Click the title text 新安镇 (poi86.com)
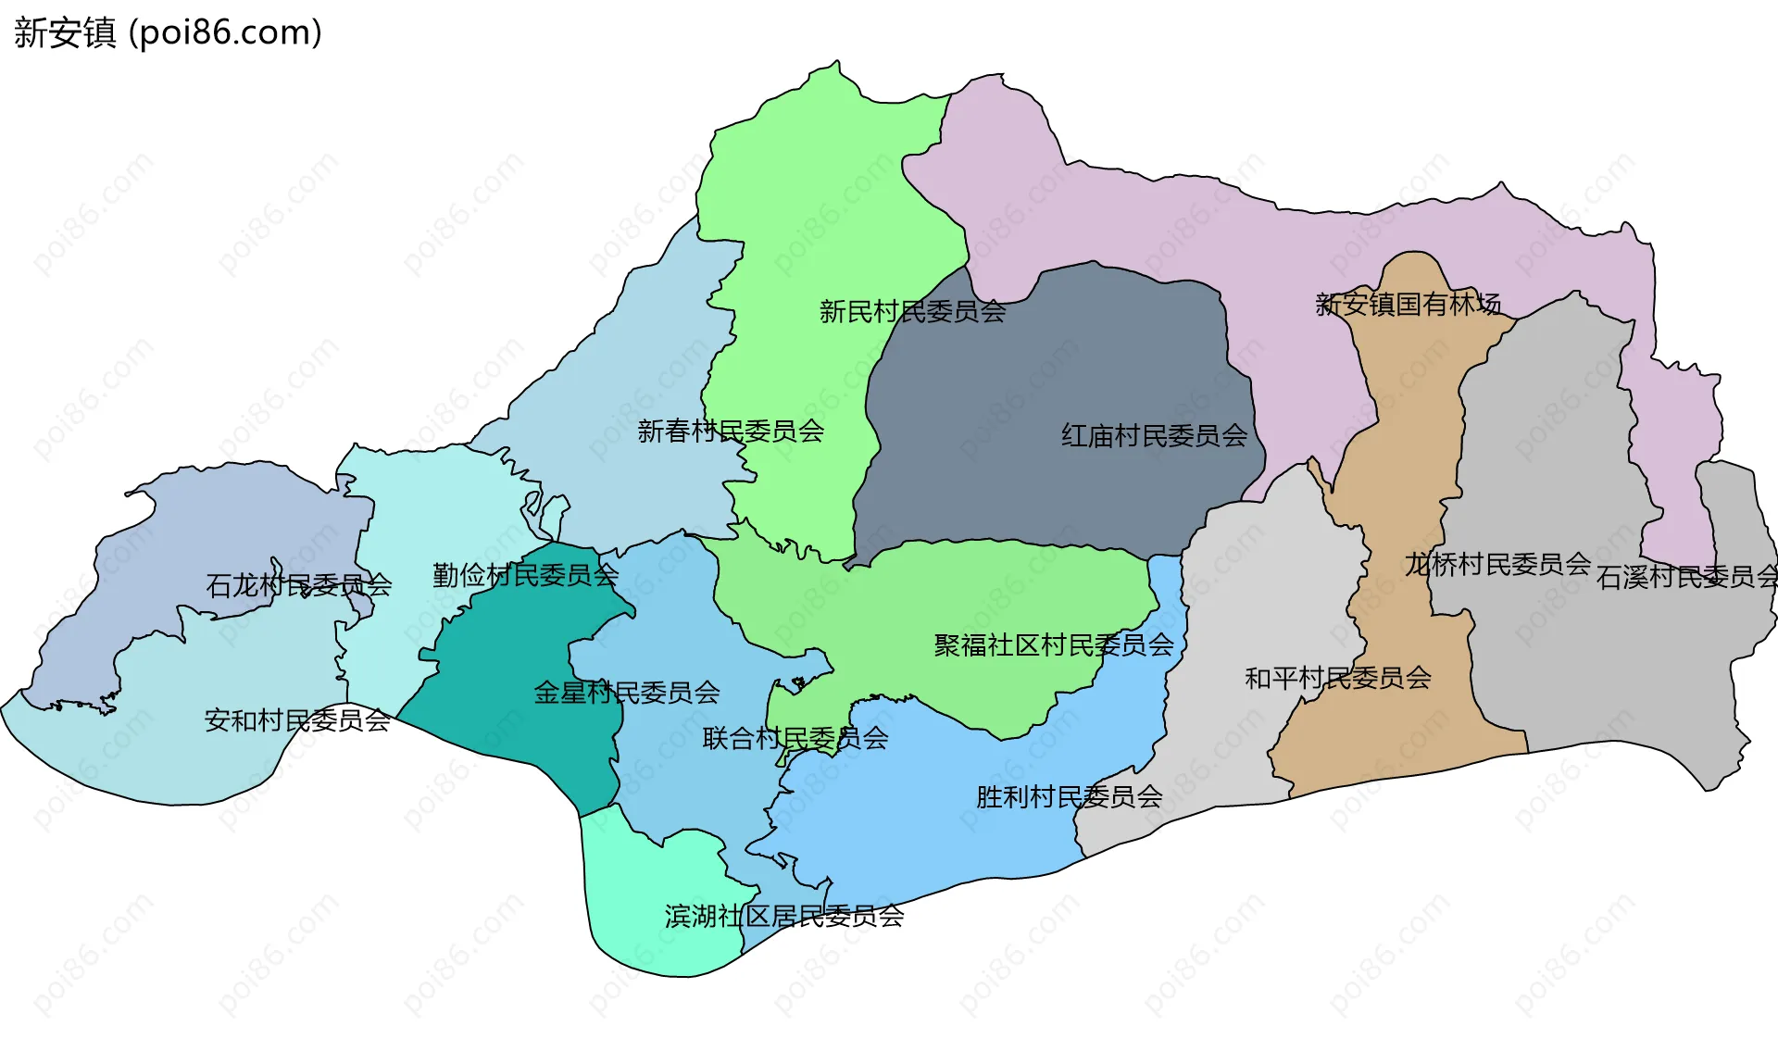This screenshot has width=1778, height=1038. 168,32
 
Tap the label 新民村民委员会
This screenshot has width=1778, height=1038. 912,312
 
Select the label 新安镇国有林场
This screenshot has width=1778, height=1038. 1408,305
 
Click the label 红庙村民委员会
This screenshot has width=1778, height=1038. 1154,436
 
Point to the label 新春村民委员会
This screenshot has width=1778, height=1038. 731,431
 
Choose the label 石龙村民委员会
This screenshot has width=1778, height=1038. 298,585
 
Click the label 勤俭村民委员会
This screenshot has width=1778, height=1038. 525,576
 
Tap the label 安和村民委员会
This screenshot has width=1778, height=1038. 297,720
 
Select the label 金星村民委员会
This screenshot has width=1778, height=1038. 627,693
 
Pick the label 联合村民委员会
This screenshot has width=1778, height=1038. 795,739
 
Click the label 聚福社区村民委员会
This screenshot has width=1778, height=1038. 1053,645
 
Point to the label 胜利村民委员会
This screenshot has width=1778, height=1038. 1069,797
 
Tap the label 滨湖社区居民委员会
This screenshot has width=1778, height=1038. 783,917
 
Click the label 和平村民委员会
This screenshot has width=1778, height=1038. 1337,679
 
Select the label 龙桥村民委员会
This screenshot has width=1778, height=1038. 1497,564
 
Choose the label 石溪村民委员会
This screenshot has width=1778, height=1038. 1685,578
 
